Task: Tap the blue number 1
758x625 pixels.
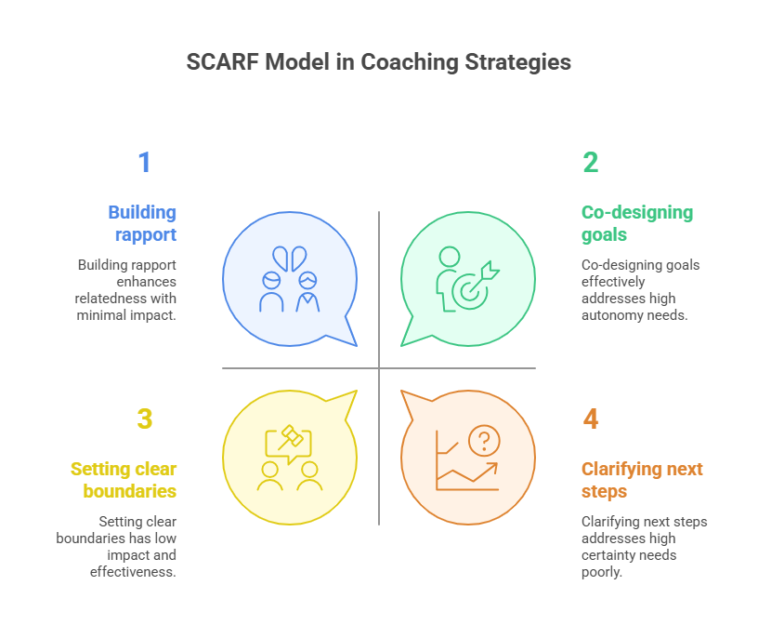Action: (144, 163)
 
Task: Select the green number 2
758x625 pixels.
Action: (591, 163)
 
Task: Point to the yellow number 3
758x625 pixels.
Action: (144, 419)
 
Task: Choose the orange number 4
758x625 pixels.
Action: (591, 419)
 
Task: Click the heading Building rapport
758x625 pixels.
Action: (142, 223)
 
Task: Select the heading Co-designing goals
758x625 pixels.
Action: (637, 223)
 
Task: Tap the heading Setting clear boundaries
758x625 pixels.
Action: (124, 480)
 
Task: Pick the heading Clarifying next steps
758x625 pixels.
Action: (642, 480)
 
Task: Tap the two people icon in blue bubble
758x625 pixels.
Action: (289, 280)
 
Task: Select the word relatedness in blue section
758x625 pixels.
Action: (114, 299)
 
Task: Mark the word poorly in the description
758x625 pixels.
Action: (603, 572)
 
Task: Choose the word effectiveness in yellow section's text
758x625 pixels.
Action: (133, 572)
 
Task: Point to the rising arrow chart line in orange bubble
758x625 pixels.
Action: (469, 474)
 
